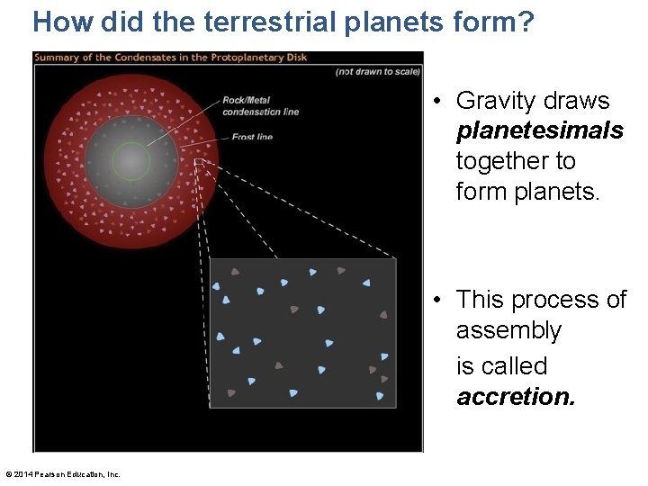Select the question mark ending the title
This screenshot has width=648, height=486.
coord(525,22)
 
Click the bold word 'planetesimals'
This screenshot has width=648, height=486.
coord(539,131)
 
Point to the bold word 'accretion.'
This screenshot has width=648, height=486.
coord(515,397)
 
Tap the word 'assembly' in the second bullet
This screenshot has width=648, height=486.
coord(508,330)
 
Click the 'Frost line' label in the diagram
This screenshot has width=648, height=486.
coord(252,137)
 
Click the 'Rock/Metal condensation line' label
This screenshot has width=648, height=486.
coord(260,105)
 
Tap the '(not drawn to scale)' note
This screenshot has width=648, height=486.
coord(377,71)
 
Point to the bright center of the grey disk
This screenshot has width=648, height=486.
coord(131,162)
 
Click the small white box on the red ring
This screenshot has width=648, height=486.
coord(200,164)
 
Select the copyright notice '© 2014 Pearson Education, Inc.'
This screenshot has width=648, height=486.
coord(62,474)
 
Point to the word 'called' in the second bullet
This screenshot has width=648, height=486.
coord(514,366)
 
